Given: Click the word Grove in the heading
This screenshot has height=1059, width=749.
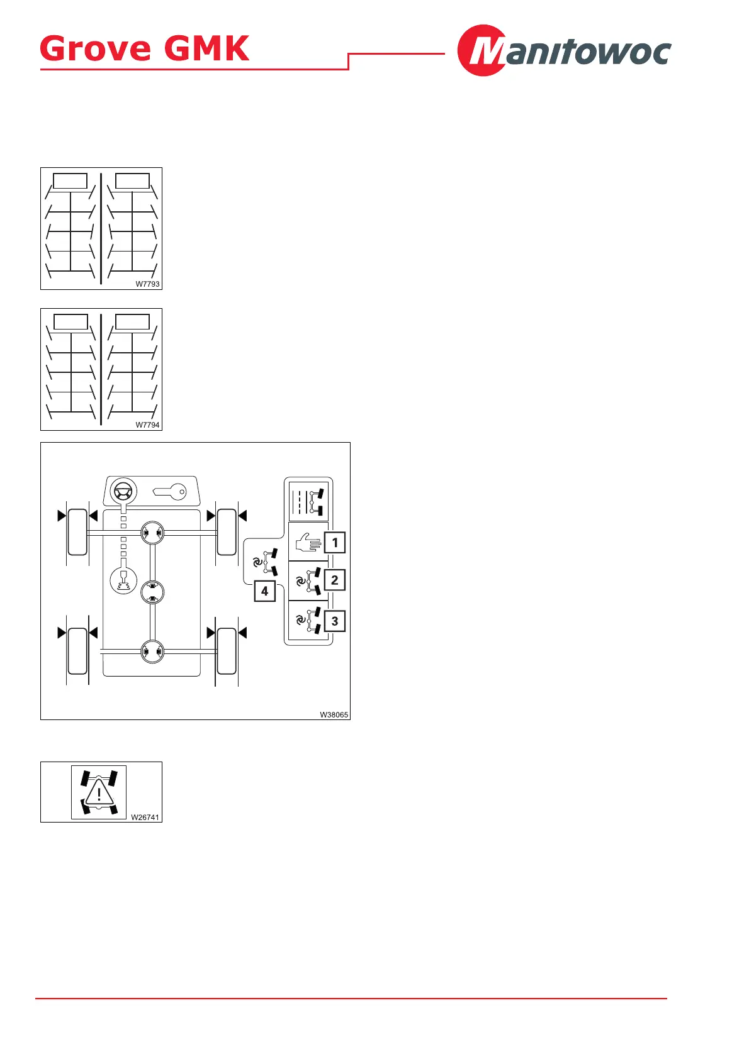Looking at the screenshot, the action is pos(96,48).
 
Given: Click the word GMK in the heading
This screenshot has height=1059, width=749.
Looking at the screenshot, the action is pos(206,48).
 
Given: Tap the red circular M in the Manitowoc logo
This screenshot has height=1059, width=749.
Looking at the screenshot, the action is pos(482,50).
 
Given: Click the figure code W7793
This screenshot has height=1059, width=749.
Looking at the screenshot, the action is pos(148,284).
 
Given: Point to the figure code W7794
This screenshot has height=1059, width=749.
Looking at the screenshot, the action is pos(148,425).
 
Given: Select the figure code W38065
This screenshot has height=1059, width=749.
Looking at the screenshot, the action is pos(334,715).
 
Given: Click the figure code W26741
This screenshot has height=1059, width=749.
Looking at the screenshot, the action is pos(145,818).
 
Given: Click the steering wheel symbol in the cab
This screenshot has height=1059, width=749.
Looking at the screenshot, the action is pos(123,491).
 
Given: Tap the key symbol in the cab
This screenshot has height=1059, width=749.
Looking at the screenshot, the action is pos(170,491).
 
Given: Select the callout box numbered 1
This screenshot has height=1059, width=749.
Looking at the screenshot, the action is pos(335,542).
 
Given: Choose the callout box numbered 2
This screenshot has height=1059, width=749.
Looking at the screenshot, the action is pos(335,580).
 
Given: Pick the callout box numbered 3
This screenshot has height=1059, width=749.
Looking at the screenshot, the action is pos(335,621).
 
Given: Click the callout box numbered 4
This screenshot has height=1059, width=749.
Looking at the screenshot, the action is pos(264,591).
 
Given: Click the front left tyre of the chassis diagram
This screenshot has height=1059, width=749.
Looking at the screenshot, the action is pos(77,532).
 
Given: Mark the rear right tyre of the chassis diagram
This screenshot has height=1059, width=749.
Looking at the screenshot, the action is pos(227,650).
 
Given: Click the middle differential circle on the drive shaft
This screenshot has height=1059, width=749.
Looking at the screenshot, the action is pos(152,592).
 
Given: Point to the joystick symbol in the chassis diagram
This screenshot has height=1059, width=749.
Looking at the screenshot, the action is pos(123,581).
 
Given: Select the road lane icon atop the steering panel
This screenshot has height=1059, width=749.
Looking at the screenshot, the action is pos(308,501).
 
